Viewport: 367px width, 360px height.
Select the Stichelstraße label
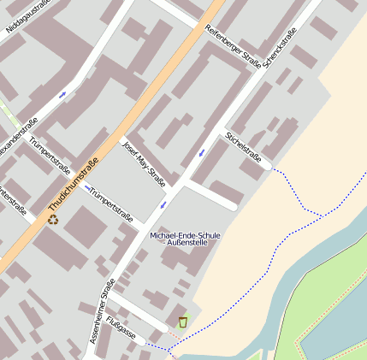(x=243, y=145)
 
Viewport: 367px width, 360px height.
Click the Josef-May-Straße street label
(x=144, y=162)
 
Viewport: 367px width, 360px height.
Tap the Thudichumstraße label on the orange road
(x=74, y=185)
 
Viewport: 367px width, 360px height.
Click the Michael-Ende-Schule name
(x=185, y=234)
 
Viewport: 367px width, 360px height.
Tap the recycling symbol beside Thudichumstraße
(x=53, y=220)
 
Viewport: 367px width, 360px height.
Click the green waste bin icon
(x=182, y=322)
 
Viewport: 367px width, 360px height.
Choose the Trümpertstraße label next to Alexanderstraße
(x=50, y=155)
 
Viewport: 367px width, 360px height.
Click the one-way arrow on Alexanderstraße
(x=62, y=94)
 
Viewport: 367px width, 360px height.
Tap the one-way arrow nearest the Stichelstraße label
(x=201, y=152)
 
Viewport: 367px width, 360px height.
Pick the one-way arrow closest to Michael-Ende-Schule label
(x=163, y=205)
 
